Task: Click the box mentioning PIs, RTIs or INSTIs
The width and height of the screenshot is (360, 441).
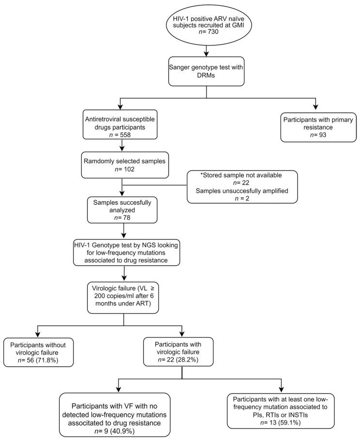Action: tap(281, 404)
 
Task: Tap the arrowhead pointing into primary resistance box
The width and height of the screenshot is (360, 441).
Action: tap(315, 106)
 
